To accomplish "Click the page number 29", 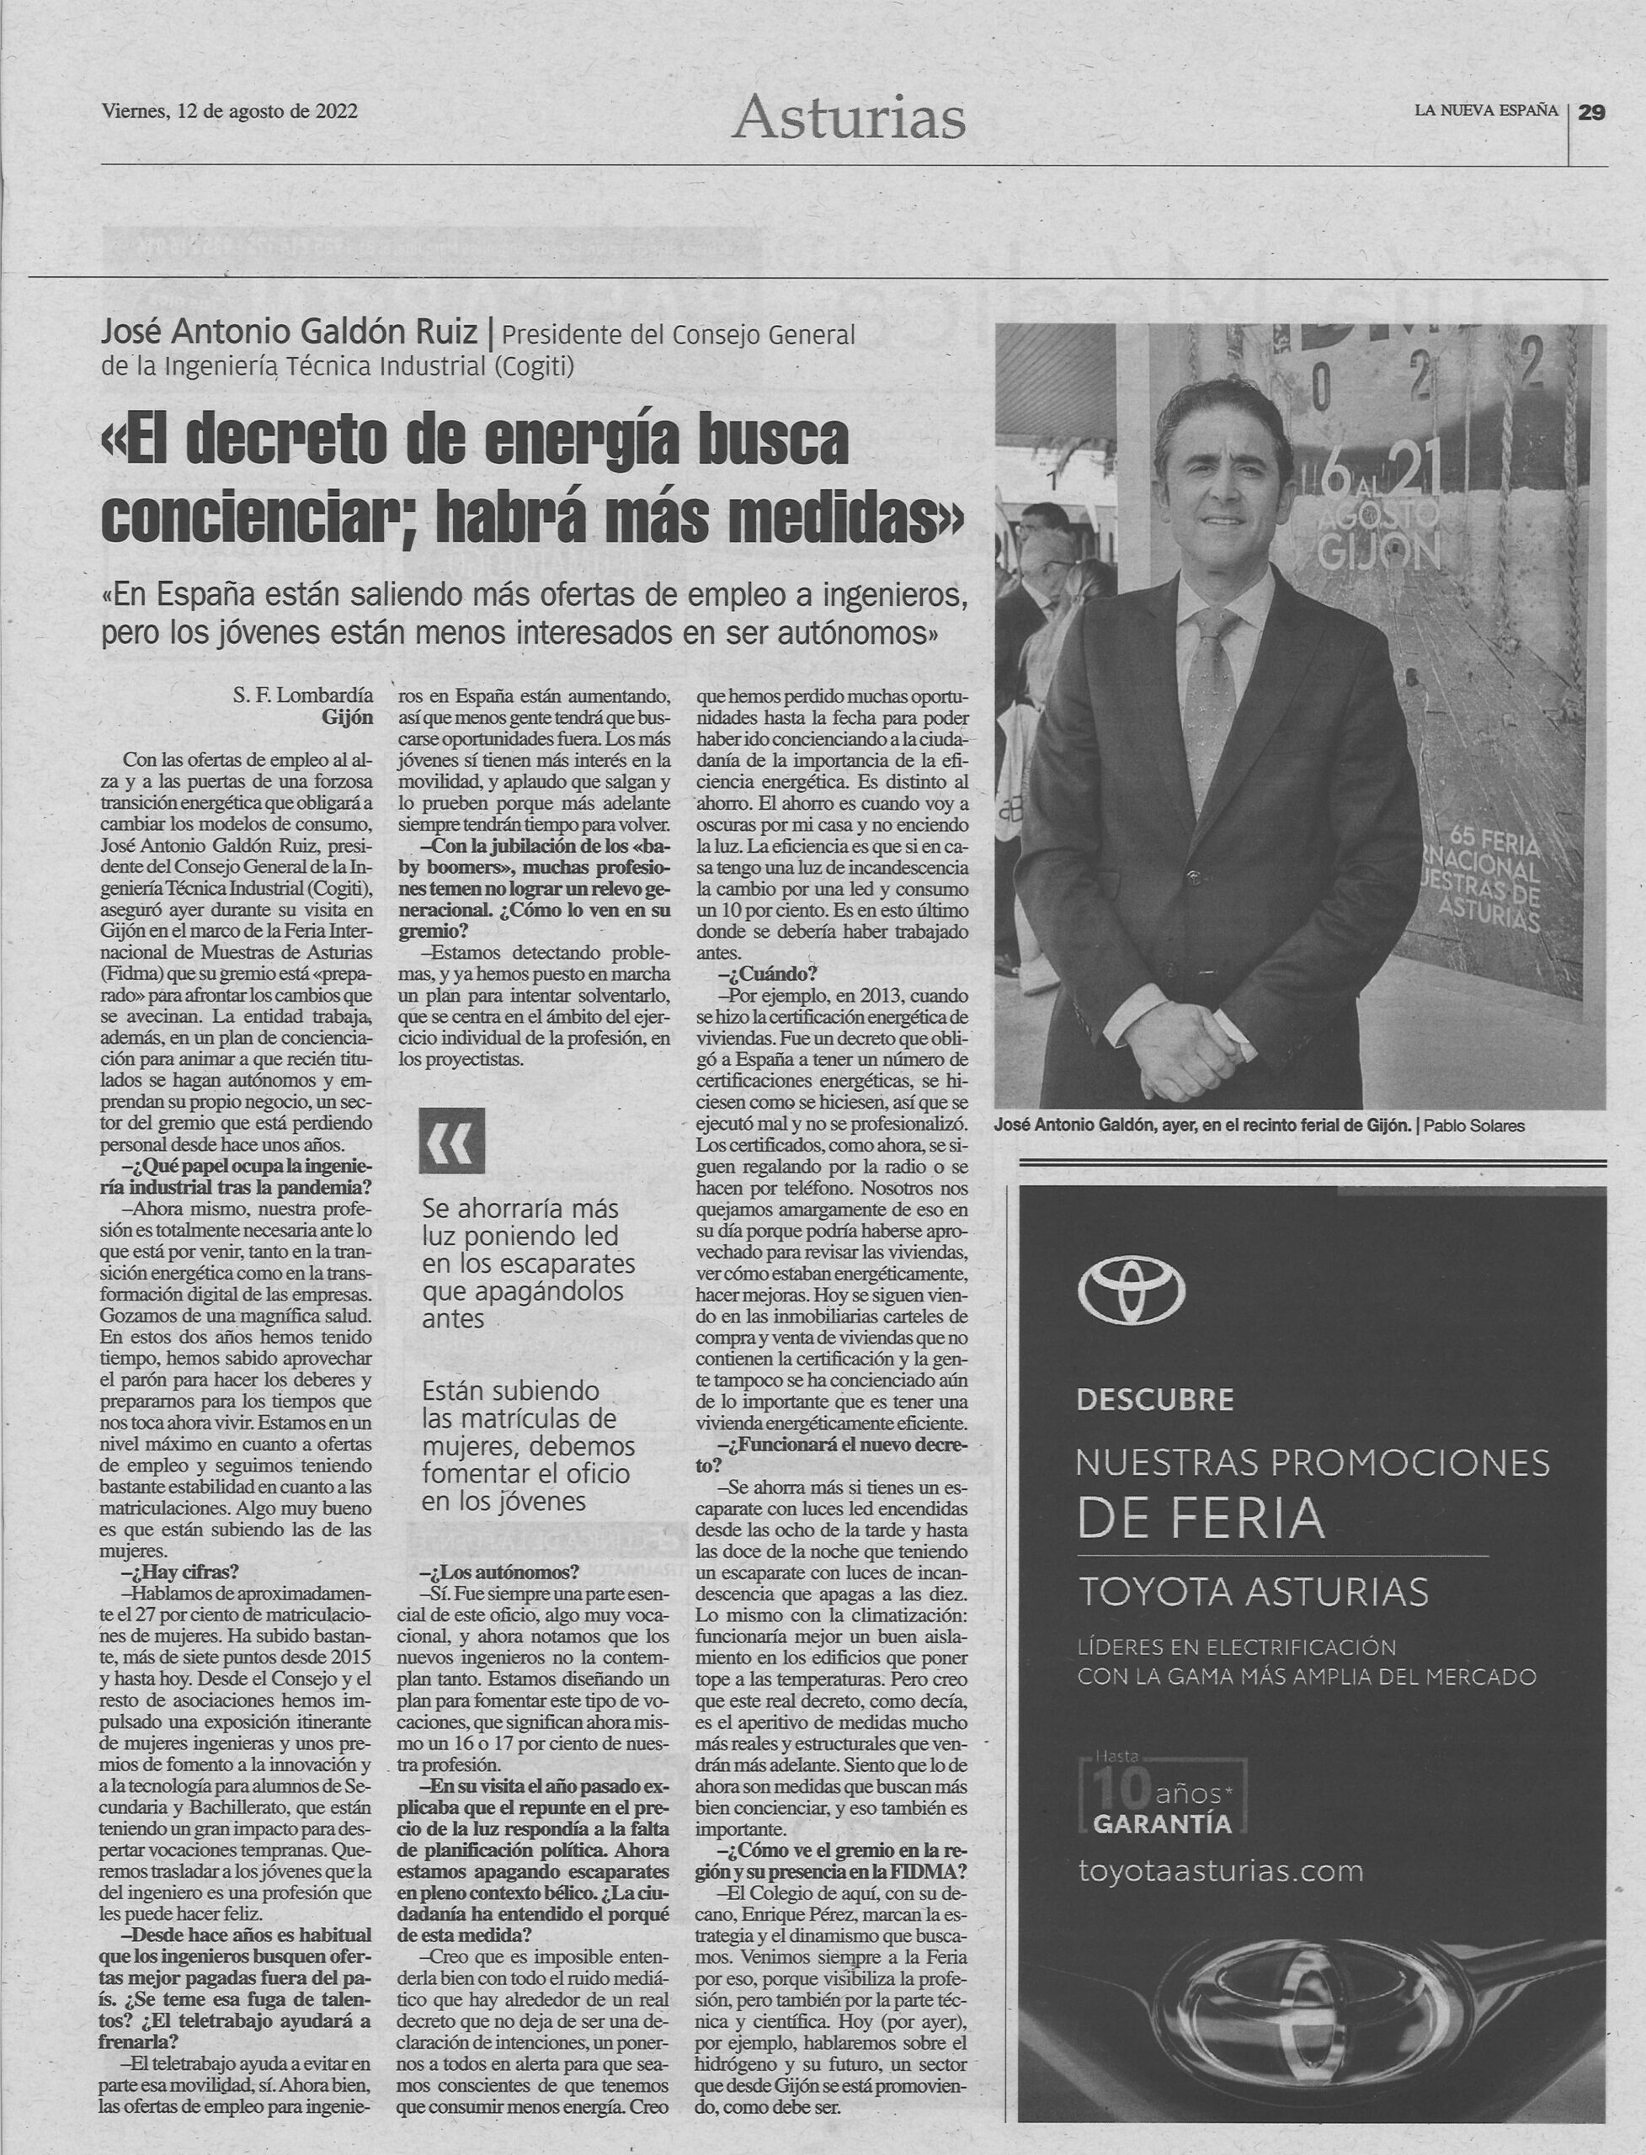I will pos(1591,113).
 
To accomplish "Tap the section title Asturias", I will pos(849,119).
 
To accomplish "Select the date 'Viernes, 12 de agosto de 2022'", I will pos(230,110).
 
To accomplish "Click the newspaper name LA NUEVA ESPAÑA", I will pos(1485,110).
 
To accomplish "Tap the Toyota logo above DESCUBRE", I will pos(1132,1289).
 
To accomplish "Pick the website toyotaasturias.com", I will pos(1220,1870).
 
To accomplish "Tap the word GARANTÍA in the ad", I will pos(1162,1824).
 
